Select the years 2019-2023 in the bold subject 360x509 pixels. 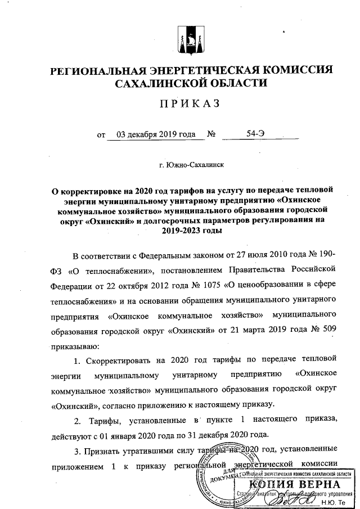192,231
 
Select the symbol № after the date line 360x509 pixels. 213,135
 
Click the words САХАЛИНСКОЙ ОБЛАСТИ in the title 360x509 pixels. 191,84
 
